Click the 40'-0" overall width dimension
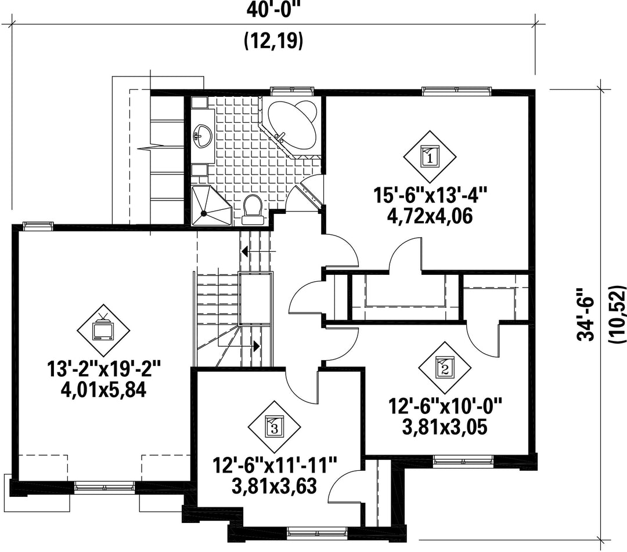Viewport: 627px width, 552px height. [273, 9]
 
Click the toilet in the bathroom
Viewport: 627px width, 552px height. [253, 209]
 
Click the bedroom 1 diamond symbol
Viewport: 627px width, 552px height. [430, 157]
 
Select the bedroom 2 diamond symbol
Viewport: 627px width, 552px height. [445, 368]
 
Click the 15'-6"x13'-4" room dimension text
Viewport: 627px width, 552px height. [430, 196]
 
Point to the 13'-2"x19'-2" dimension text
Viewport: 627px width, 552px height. [104, 369]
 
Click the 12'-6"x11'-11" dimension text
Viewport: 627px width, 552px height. [275, 466]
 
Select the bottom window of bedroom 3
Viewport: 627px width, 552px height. [317, 532]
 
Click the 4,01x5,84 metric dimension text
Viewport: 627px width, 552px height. [103, 390]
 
